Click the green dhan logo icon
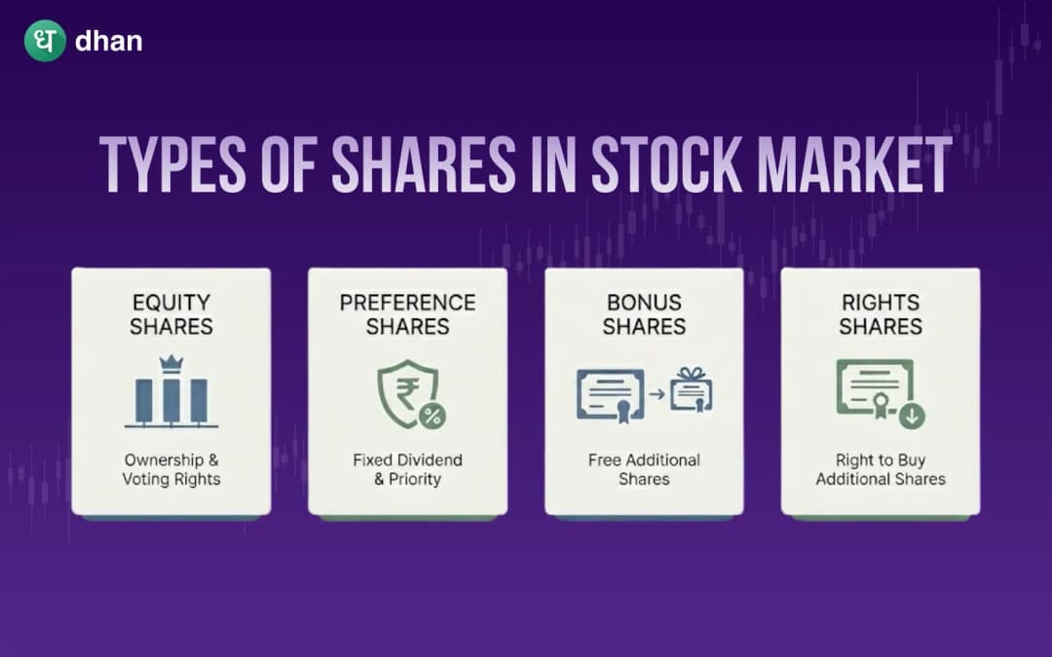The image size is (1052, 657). click(x=45, y=41)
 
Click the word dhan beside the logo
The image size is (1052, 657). click(x=108, y=42)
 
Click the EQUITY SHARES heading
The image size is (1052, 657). click(x=170, y=314)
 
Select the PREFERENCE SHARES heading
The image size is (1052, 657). click(x=407, y=314)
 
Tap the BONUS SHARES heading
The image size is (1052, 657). click(x=644, y=314)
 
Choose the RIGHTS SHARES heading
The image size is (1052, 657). click(x=881, y=314)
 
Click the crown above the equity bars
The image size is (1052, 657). click(x=171, y=362)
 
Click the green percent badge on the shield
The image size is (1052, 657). click(x=432, y=417)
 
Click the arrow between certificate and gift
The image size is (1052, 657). click(x=657, y=395)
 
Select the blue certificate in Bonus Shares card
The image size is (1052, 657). click(x=611, y=395)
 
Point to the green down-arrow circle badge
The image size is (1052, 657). click(x=913, y=417)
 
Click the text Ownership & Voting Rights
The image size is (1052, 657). click(x=171, y=469)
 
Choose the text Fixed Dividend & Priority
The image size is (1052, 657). click(x=407, y=469)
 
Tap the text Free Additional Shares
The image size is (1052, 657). click(x=644, y=469)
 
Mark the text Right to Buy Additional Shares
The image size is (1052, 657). click(x=881, y=469)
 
